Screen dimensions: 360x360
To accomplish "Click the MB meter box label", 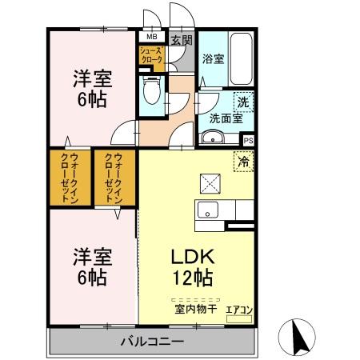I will (x=150, y=37).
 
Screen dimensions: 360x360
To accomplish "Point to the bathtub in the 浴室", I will (x=239, y=60).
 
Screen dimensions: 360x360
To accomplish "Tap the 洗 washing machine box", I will (x=243, y=102).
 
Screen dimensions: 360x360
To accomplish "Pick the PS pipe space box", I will (x=248, y=139).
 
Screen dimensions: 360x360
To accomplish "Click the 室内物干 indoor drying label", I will (x=193, y=307).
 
